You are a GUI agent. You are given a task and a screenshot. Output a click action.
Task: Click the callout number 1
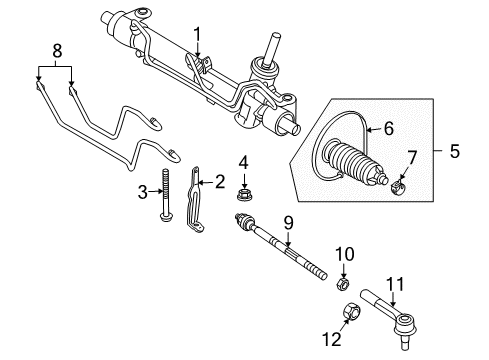tap(198, 37)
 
